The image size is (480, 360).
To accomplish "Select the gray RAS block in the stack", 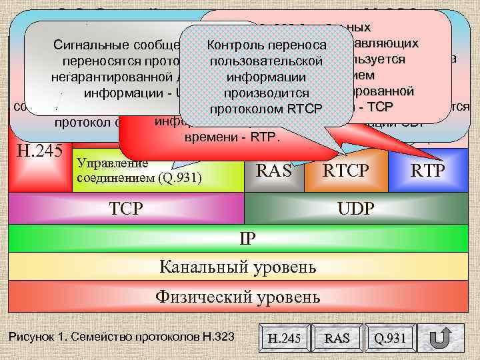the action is tap(274, 171).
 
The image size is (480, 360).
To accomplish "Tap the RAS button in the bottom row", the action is tap(337, 338).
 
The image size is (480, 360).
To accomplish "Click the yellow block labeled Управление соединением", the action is tap(157, 171).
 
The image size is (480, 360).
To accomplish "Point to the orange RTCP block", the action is tap(345, 171).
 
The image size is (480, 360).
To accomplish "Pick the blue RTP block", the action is tap(428, 171).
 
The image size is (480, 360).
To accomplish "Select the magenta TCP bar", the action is tap(127, 209).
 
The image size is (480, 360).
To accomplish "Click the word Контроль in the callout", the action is tap(235, 45).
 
